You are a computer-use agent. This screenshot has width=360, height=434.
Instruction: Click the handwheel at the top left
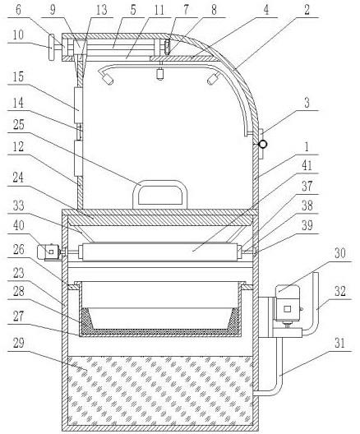click(52, 47)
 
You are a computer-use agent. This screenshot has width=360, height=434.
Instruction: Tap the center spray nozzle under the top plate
click(160, 72)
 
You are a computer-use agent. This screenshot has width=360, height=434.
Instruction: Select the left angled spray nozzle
click(108, 80)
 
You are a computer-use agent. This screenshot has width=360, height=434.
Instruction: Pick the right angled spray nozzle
click(213, 79)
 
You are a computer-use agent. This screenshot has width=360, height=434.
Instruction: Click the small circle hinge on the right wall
click(262, 144)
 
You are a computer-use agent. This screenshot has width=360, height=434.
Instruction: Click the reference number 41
click(307, 165)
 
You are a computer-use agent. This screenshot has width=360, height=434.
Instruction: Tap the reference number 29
click(19, 344)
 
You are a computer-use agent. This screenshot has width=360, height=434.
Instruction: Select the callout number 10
click(18, 35)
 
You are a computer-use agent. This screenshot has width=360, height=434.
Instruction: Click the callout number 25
click(19, 125)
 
